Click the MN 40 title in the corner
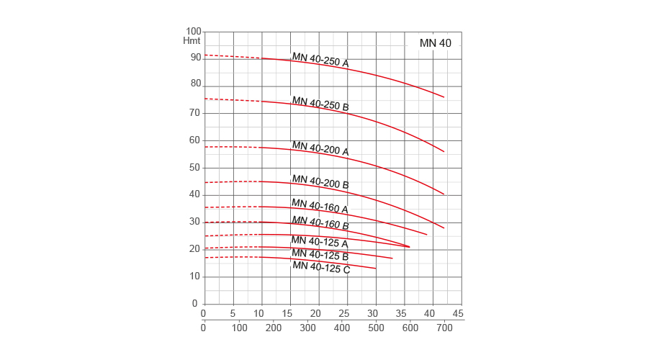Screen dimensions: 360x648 click(436, 43)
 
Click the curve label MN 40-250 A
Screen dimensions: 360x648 click(320, 60)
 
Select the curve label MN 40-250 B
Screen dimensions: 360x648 click(320, 104)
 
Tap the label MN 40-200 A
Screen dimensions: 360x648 click(320, 148)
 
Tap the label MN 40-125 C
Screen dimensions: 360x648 click(321, 267)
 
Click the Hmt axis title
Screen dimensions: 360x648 click(192, 40)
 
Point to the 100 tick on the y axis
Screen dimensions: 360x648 click(194, 32)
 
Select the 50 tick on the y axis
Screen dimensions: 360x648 click(194, 168)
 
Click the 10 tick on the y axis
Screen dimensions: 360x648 click(194, 276)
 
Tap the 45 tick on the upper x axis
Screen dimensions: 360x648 click(457, 313)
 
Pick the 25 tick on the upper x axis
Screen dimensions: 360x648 click(344, 313)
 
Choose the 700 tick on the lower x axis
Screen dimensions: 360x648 click(444, 328)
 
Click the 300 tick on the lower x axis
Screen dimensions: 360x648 click(307, 328)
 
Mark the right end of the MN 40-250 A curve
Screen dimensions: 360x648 click(444, 97)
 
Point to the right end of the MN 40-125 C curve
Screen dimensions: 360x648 click(376, 269)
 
